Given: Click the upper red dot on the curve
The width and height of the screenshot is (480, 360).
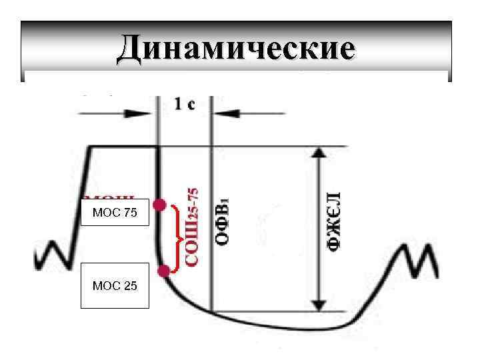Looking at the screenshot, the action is (159, 205).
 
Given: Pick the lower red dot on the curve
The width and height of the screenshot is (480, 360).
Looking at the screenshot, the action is (164, 270).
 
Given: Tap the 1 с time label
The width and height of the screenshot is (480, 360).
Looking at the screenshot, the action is (185, 104).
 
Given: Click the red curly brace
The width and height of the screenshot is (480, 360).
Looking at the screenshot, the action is (176, 238).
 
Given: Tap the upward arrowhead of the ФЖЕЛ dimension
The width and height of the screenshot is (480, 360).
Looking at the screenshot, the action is (320, 153).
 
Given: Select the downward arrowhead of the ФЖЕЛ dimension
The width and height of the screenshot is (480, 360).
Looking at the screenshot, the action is (320, 305).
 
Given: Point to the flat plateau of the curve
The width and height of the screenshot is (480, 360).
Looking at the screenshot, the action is (124, 146).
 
